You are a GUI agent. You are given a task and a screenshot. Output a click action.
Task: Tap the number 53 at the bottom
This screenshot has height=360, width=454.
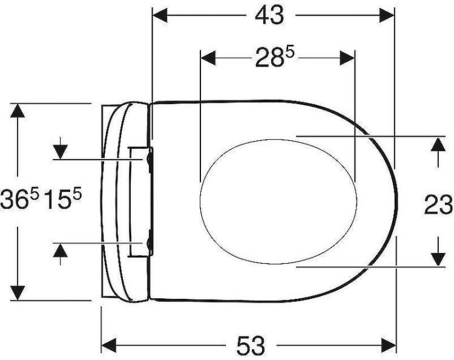click(251, 345)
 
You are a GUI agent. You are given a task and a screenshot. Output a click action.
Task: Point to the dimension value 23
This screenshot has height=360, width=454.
click(438, 205)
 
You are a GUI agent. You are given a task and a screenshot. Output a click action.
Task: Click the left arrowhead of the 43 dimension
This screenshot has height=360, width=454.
click(160, 15)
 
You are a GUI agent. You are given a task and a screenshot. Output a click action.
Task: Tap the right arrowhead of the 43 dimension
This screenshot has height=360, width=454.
click(387, 15)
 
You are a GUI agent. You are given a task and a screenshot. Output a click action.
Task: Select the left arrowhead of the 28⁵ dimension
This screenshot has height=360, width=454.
click(208, 58)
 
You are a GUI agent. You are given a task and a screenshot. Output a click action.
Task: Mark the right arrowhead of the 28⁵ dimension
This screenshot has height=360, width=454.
click(347, 58)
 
